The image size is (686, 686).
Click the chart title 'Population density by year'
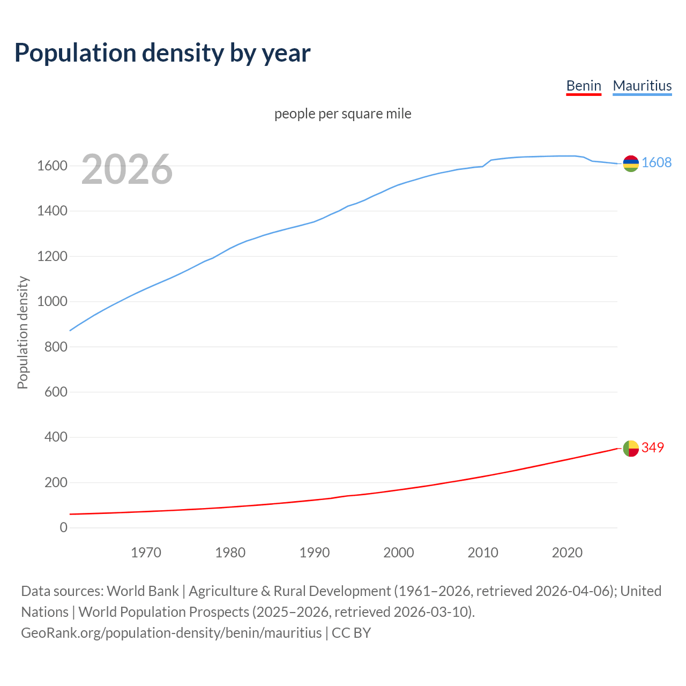[162, 53]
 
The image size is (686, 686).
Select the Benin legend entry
[584, 86]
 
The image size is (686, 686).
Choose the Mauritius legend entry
[642, 86]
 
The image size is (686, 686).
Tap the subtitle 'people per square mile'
[342, 114]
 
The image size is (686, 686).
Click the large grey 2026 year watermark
[127, 169]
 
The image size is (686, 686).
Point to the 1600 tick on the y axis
[52, 166]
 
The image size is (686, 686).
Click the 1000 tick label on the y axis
[52, 302]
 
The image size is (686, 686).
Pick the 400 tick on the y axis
[56, 437]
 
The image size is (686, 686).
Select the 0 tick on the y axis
[64, 528]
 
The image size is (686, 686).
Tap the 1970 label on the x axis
[146, 553]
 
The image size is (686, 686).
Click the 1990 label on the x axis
[315, 553]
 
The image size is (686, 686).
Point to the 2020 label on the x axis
[567, 553]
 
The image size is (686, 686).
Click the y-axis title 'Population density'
[23, 332]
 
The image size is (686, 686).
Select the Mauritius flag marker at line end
[631, 163]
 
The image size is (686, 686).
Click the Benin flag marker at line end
[631, 448]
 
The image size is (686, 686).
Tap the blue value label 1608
[657, 163]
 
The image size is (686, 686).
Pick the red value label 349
[653, 448]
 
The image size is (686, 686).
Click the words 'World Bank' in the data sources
[143, 591]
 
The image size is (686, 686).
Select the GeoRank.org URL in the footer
[171, 633]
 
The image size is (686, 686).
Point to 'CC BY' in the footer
[352, 633]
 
